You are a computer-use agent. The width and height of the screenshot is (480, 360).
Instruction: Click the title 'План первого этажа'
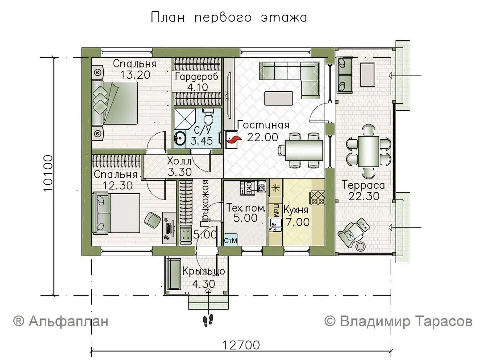coord(229,18)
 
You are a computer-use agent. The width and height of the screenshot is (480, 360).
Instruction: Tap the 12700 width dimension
coord(241,345)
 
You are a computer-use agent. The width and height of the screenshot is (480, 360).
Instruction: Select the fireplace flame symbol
coord(233,140)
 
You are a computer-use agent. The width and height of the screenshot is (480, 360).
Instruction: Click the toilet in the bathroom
coord(208,117)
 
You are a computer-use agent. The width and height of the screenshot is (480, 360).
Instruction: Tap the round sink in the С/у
coord(180,138)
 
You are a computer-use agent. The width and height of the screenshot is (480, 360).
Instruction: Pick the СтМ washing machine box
coord(231,240)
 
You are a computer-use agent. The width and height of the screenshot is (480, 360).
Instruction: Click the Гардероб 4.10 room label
coord(197,82)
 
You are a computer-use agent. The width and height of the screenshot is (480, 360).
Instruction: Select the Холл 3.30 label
coord(180,167)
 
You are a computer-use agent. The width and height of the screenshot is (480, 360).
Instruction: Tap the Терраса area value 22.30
coord(363,196)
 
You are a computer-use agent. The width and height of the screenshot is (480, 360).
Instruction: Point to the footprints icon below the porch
coord(208,320)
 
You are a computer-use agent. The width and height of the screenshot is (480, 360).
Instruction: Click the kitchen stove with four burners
coord(317,198)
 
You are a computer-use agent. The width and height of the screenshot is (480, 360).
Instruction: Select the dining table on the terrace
coord(368,151)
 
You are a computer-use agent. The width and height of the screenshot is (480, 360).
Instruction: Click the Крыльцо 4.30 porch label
coord(204,278)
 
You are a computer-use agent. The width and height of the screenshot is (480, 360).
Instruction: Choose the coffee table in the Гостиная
coord(279,98)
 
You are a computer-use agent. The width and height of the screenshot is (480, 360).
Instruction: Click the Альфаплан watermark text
coord(61,322)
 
